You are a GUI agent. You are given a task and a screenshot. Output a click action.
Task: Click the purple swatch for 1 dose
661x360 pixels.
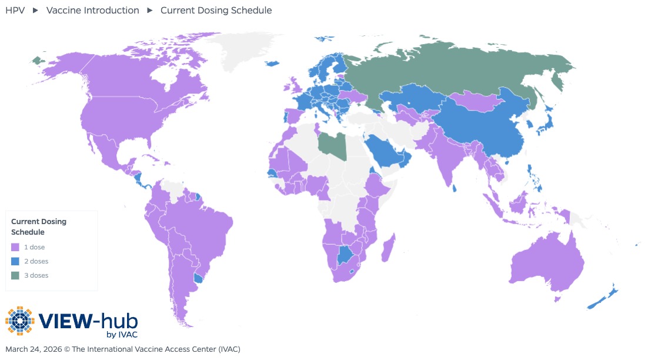tap(15, 247)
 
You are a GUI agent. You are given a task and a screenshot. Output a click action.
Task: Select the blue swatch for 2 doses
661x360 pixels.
tap(15, 261)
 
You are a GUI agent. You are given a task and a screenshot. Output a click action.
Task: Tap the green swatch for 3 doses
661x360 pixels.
tap(15, 275)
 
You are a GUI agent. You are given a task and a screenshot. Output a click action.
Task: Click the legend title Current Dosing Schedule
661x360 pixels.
tap(39, 226)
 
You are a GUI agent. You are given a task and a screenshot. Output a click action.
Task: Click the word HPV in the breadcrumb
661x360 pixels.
tap(15, 11)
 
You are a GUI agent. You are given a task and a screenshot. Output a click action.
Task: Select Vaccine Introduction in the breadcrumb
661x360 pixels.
tap(93, 11)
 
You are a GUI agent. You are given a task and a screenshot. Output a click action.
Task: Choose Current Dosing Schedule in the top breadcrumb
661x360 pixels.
tap(216, 11)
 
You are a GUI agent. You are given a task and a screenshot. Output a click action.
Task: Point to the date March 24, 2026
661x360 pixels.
tap(33, 349)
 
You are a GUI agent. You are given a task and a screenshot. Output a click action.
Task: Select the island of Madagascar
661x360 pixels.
tap(389, 247)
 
